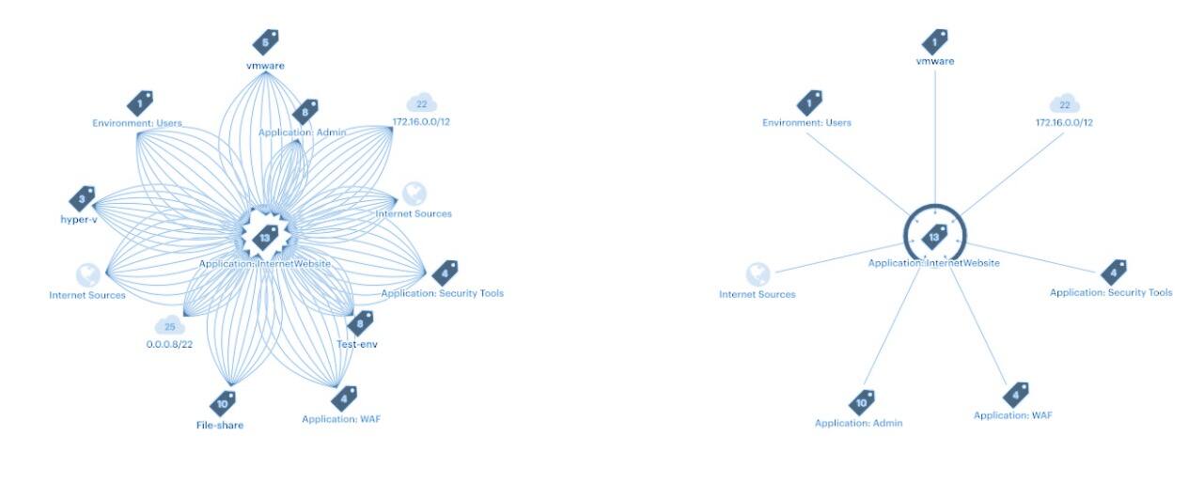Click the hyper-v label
(79, 220)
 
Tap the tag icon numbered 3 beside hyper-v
(82, 199)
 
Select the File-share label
(220, 426)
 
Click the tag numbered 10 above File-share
(223, 404)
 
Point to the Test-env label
(357, 344)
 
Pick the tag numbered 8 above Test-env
(360, 323)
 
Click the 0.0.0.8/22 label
(169, 344)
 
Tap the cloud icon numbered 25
(170, 326)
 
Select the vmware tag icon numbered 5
(266, 42)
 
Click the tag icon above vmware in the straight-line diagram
(935, 42)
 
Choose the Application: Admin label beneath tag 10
(859, 423)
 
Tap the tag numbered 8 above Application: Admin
(305, 112)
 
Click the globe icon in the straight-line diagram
(758, 274)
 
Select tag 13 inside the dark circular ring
(934, 237)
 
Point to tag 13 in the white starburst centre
(265, 238)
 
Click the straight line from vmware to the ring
(935, 137)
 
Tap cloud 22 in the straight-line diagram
(1065, 104)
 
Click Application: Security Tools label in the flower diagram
(443, 293)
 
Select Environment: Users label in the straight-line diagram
(806, 122)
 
